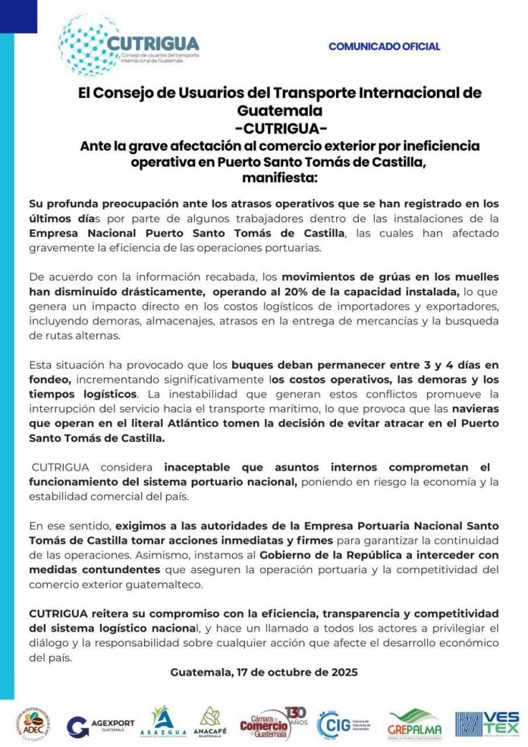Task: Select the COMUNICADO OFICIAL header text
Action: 384,46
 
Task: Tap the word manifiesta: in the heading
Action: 280,178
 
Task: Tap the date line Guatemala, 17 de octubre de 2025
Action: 263,672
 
